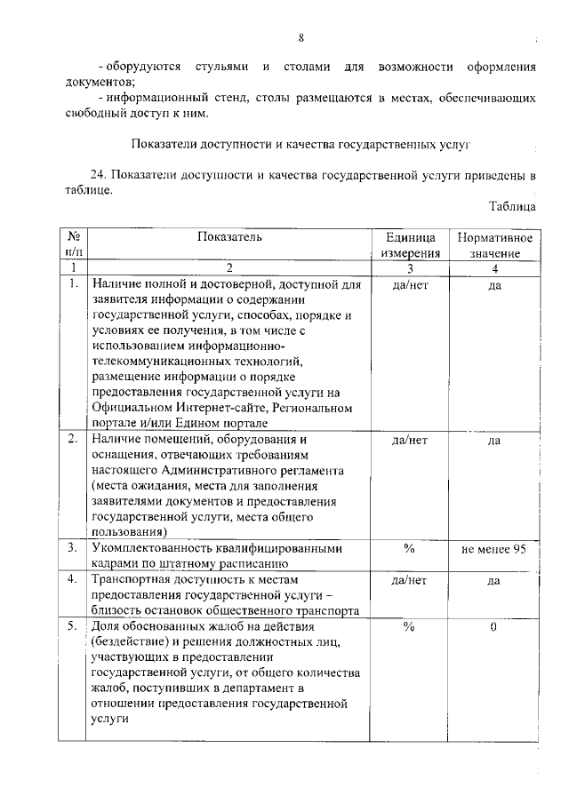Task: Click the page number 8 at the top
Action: click(x=301, y=37)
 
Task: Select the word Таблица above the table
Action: click(x=512, y=205)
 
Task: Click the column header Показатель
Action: click(x=230, y=237)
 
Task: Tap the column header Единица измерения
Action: click(x=409, y=245)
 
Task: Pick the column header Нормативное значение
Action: click(x=494, y=245)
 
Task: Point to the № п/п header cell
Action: click(x=74, y=245)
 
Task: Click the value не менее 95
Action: click(x=494, y=548)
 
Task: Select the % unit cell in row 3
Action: click(x=409, y=548)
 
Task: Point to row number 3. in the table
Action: click(x=73, y=548)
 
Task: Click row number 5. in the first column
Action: click(x=73, y=626)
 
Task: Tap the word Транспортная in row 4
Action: click(x=132, y=579)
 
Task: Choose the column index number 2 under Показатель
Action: click(x=229, y=268)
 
